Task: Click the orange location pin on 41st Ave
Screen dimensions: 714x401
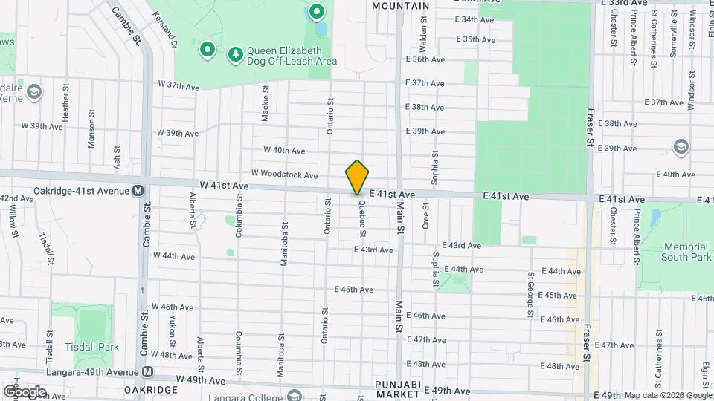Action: [x=357, y=177]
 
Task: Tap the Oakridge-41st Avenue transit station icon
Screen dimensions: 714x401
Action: [x=138, y=191]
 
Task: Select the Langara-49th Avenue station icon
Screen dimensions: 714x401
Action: [x=148, y=371]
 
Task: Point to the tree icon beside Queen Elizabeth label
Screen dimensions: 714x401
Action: [x=236, y=53]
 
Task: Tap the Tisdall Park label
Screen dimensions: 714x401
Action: [x=92, y=347]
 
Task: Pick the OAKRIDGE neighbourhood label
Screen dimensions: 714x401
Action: [x=150, y=390]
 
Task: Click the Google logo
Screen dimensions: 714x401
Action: [x=25, y=391]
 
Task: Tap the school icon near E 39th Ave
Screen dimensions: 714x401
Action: [x=681, y=147]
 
